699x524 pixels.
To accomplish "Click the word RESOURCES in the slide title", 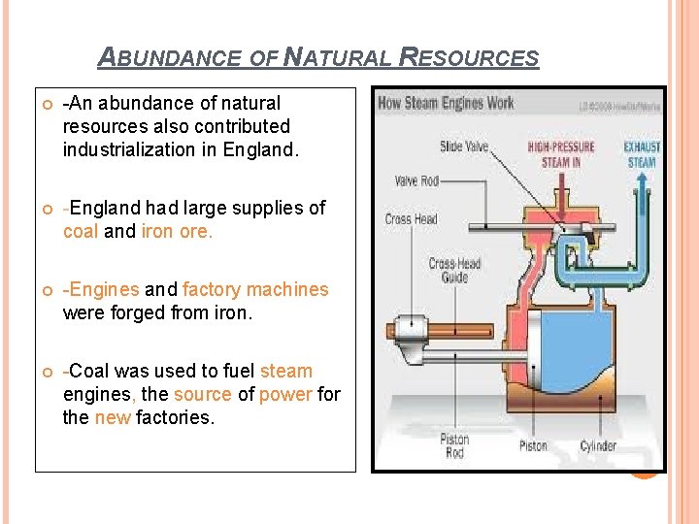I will pos(468,57).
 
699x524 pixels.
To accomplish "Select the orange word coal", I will pos(81,231).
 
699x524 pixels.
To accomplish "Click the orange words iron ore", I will pos(177,231).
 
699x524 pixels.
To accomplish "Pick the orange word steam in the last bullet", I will pos(286,371).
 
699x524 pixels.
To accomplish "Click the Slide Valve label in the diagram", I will pos(464,147).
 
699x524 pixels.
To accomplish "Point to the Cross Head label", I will pos(412,218).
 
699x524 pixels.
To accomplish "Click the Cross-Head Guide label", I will pos(454,271).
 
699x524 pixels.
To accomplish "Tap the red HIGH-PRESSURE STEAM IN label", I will pos(561,154).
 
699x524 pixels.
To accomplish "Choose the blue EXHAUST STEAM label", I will pos(641,154).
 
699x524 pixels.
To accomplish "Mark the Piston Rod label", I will pos(454,445).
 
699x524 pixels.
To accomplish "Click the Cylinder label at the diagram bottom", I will pos(598,445).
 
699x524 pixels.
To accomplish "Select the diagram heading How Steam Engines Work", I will pos(446,103).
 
